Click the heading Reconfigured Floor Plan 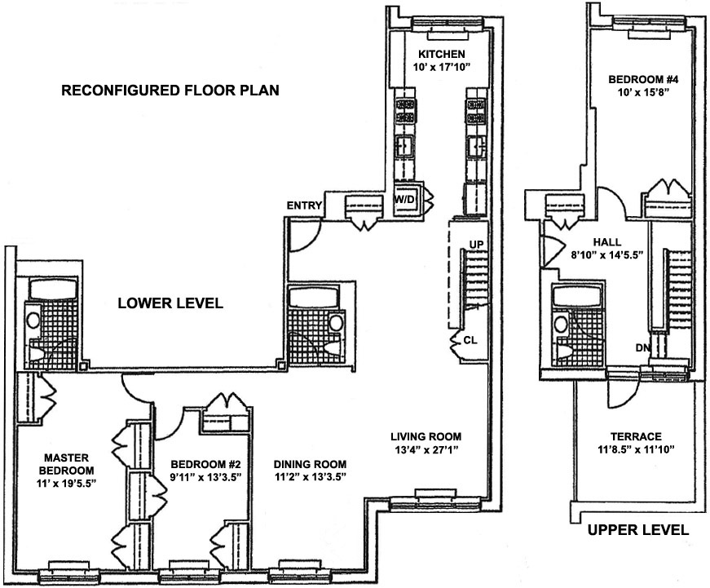170,91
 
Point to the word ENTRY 303,206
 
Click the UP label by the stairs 477,244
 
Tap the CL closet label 470,340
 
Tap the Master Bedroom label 56,464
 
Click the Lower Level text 170,303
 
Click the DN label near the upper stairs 642,348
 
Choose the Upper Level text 638,530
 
